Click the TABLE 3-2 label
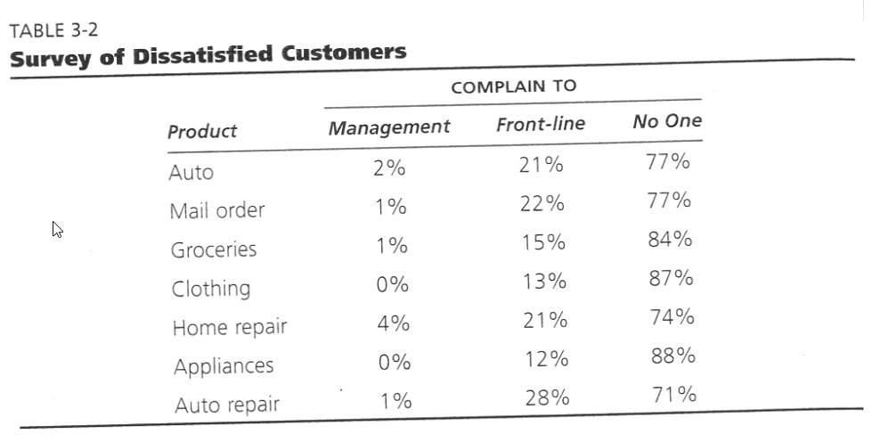click(53, 30)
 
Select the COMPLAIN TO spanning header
click(513, 86)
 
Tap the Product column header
click(202, 131)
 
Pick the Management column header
click(389, 127)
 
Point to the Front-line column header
click(541, 124)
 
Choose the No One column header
click(667, 121)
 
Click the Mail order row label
click(217, 211)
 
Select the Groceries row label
click(214, 250)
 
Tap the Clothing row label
click(211, 289)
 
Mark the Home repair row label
click(230, 327)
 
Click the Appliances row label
click(224, 366)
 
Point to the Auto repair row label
click(226, 405)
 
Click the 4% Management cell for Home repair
click(393, 324)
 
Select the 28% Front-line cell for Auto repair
click(546, 397)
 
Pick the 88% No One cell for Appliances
click(672, 356)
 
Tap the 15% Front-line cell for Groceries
click(543, 243)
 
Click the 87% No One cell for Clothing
click(671, 278)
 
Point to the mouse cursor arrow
click(58, 230)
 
